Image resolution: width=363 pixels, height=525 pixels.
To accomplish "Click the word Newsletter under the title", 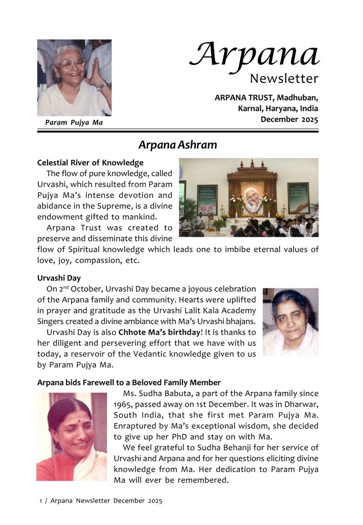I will (x=284, y=79).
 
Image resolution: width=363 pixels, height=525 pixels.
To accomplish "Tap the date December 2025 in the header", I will (x=289, y=119).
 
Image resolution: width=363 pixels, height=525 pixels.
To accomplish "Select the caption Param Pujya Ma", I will (x=74, y=122).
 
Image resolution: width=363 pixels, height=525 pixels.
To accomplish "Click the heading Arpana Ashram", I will (x=177, y=145).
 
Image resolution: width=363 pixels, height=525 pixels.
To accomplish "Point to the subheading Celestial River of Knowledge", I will (x=90, y=163).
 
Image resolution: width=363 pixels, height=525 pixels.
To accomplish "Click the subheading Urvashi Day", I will (x=58, y=278).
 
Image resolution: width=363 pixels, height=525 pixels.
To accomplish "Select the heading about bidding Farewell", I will (x=129, y=382).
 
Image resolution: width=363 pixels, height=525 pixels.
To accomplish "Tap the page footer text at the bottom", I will (x=101, y=501).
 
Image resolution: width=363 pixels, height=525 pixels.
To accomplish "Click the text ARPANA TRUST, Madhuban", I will (x=266, y=97).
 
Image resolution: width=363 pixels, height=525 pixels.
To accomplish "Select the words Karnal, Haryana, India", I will (x=278, y=108).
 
